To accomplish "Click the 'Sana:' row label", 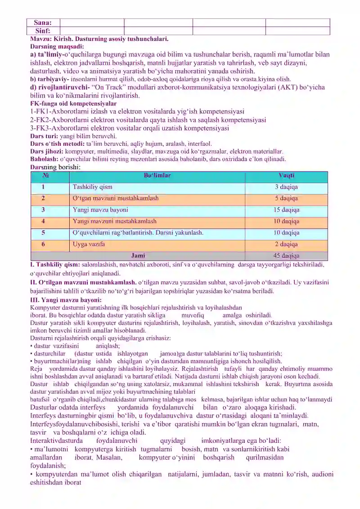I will [43, 22].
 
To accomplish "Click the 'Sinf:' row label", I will [43, 31].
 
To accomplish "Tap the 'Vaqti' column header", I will [286, 176].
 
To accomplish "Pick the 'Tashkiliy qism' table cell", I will [92, 187].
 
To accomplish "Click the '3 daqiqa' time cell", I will [286, 187].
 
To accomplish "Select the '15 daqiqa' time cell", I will [286, 210].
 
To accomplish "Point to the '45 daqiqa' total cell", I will [286, 256].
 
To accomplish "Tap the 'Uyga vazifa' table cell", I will [89, 244].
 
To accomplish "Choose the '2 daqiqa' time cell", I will [286, 244].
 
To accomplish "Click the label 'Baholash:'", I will [44, 159].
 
